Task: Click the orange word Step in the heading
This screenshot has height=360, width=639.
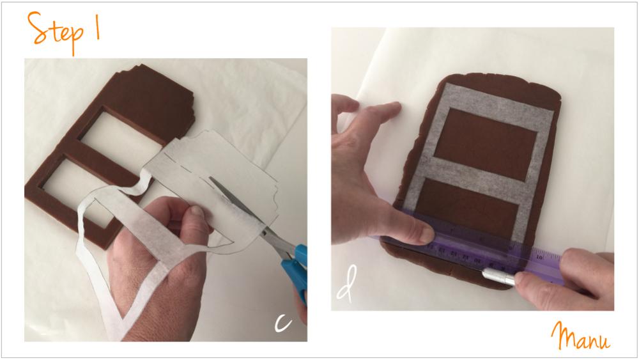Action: click(56, 32)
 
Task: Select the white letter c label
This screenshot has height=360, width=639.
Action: click(283, 322)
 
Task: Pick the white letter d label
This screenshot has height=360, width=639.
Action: click(347, 284)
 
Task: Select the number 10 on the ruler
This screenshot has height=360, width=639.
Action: click(539, 257)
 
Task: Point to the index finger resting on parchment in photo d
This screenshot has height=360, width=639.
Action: click(379, 111)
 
